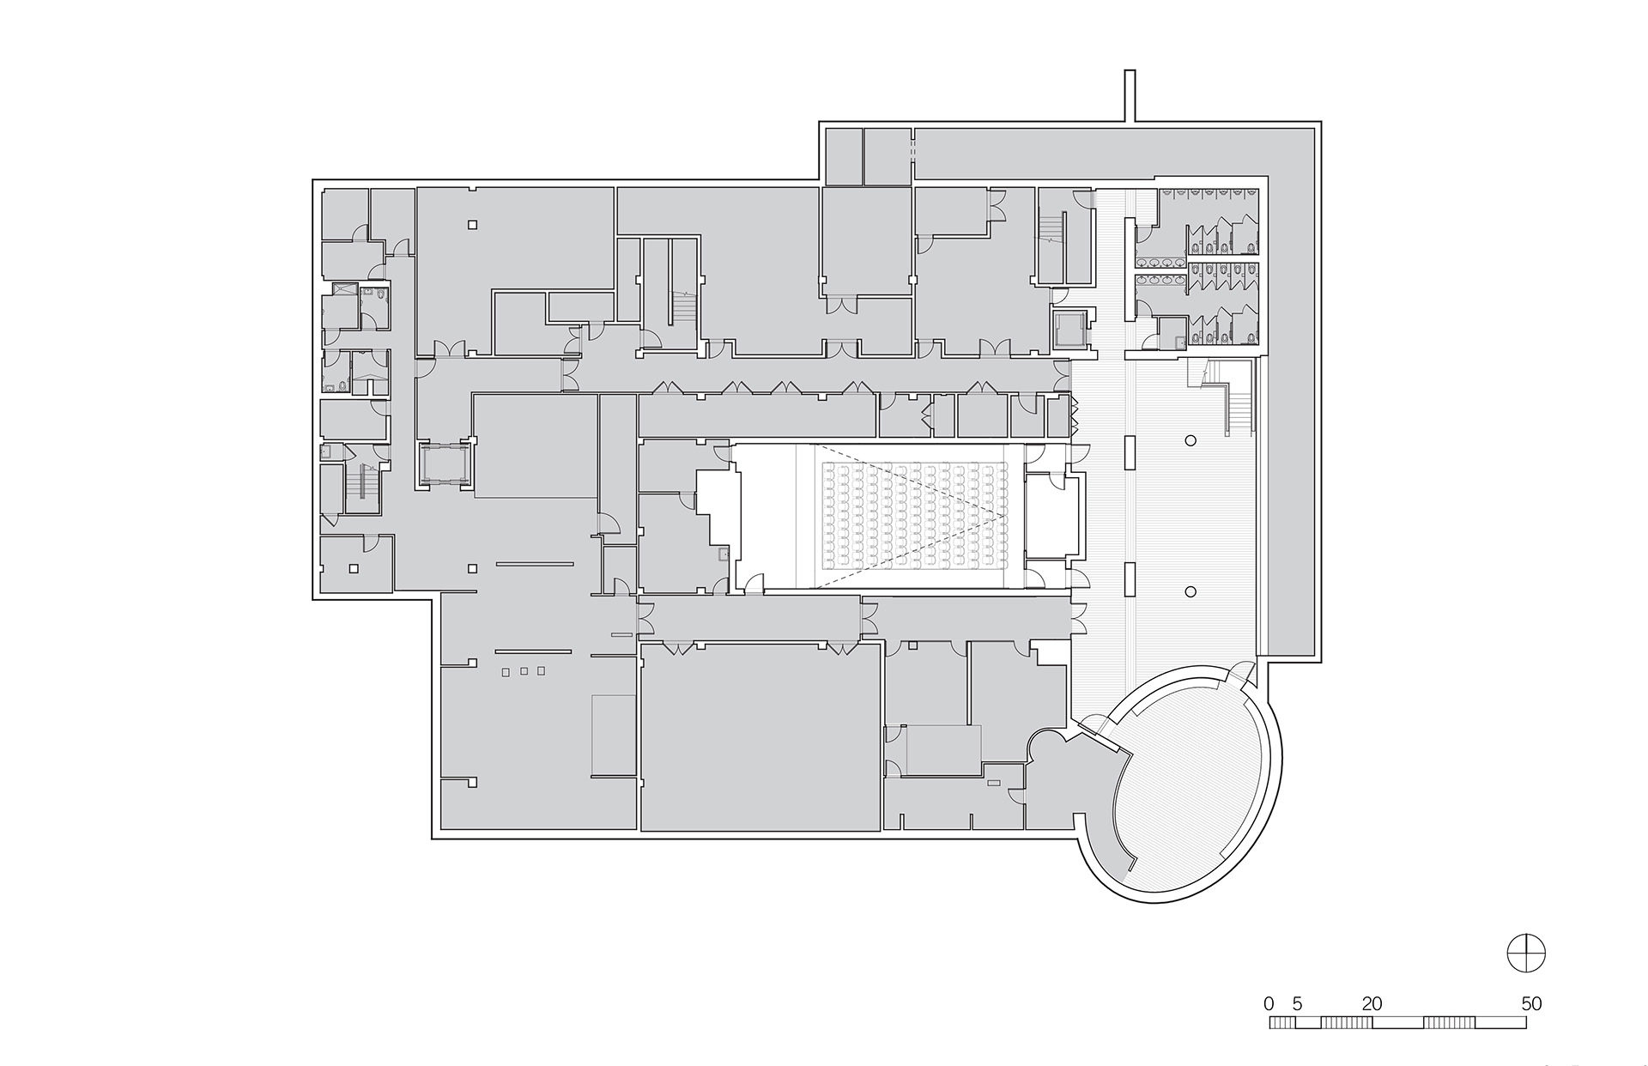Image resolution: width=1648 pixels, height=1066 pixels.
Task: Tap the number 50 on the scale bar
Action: click(x=1531, y=1003)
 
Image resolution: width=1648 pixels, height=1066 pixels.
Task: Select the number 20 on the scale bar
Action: click(x=1372, y=1003)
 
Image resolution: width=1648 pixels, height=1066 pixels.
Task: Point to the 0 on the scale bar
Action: click(x=1269, y=1003)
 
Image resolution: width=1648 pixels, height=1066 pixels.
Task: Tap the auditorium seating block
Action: click(x=915, y=515)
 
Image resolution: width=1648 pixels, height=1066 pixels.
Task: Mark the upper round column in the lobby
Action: click(x=1191, y=440)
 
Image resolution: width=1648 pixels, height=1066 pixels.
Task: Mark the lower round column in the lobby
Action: click(x=1191, y=591)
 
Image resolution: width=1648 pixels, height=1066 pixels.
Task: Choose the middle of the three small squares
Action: click(x=523, y=671)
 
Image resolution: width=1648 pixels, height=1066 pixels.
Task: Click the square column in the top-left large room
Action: click(x=472, y=225)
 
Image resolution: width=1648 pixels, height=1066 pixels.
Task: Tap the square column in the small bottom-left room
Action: click(x=353, y=567)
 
